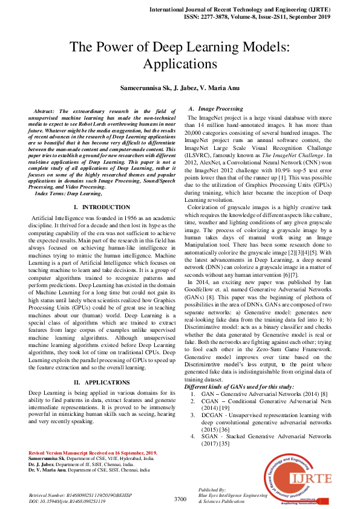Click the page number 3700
180,499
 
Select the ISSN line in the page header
266,18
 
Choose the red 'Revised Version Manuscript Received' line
93,453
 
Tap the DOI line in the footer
67,502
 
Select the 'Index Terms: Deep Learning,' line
68,193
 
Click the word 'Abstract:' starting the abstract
45,111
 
